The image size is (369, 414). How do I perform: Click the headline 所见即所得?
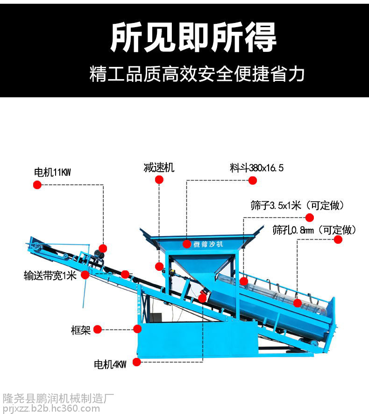pos(193,37)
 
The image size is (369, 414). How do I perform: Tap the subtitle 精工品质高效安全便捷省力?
pos(197,74)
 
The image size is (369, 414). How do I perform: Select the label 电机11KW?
pos(52,172)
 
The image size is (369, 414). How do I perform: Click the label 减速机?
pos(159,167)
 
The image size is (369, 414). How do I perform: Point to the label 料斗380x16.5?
pos(256,168)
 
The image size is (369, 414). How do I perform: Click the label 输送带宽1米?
pos(50,275)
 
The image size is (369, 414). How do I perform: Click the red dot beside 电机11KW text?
pos(37,185)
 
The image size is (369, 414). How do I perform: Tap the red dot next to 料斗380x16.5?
pos(253,181)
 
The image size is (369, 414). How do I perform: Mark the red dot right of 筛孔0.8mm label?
pos(338,240)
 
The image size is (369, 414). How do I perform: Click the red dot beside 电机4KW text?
pos(137,362)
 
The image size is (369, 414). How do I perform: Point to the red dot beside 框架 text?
pos(98,329)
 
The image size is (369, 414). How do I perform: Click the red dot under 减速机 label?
pos(159,181)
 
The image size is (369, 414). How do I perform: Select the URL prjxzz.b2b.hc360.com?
pos(51,408)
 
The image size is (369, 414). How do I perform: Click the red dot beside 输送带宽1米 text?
pos(85,275)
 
